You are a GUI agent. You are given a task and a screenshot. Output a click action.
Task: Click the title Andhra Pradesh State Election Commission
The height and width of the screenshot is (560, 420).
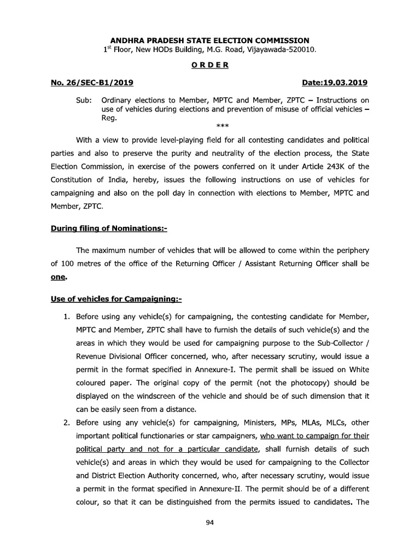(210, 40)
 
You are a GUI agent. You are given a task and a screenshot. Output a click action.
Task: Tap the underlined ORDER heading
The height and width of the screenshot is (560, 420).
(210, 65)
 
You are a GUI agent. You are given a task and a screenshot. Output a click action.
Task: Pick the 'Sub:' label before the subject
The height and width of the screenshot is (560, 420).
(84, 101)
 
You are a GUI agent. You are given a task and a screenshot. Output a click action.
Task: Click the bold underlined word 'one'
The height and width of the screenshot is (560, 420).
(58, 277)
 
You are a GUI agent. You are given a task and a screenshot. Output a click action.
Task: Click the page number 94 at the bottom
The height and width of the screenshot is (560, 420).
(209, 523)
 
